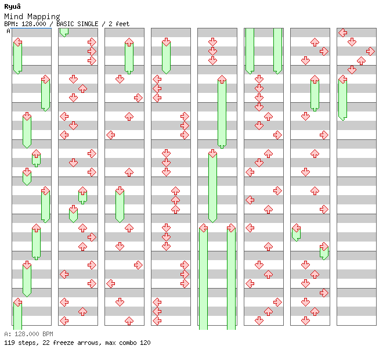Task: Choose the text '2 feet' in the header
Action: click(119, 24)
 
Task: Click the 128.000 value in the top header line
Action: click(35, 24)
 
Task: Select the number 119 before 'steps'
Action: click(9, 343)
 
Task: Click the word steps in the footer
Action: click(27, 343)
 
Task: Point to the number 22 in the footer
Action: click(43, 343)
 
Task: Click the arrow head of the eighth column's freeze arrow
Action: click(342, 79)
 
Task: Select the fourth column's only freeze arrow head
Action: click(166, 42)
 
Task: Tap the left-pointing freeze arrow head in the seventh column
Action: click(296, 228)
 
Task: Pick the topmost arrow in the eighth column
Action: click(342, 33)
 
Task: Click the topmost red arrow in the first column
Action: click(17, 42)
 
